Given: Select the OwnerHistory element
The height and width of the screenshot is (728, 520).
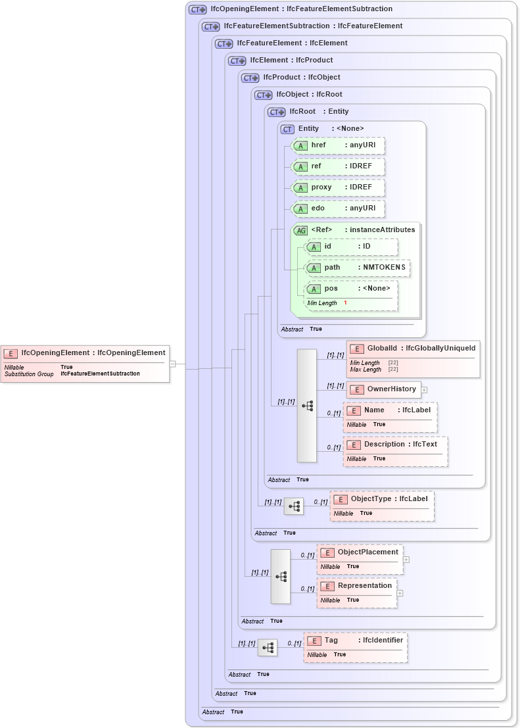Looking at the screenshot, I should (384, 389).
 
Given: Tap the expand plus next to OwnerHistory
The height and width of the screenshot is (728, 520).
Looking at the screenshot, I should (425, 389).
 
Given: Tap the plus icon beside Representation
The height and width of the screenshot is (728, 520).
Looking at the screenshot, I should (400, 593).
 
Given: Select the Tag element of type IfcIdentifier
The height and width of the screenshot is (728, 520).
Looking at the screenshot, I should (355, 641).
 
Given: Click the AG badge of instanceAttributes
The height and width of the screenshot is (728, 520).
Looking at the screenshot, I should (300, 230).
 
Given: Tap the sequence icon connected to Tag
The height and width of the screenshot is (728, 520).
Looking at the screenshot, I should (268, 648).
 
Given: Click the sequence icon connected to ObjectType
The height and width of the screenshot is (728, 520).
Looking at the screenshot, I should (294, 506).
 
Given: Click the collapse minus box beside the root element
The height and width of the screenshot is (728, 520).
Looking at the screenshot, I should (172, 363).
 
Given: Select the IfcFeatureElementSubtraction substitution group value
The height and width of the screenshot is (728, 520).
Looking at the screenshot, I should (100, 374).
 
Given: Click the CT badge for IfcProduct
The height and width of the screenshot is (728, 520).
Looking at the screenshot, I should (250, 78).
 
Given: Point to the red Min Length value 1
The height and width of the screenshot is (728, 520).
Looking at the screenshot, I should (345, 303).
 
